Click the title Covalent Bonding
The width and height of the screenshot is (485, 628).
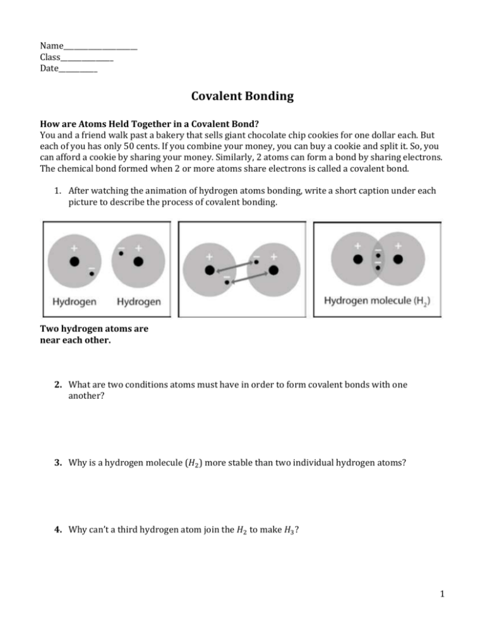pos(242,97)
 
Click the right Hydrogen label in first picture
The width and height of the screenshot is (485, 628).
pos(138,301)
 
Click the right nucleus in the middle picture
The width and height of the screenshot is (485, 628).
pos(273,270)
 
